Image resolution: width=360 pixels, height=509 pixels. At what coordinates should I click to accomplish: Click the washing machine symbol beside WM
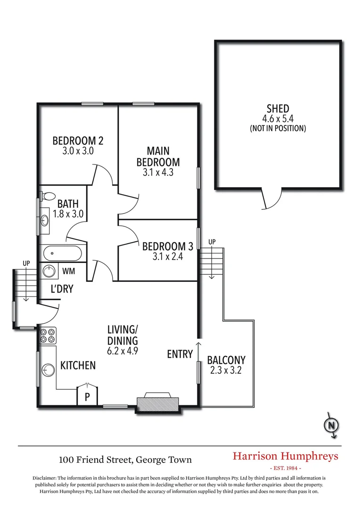pyautogui.click(x=49, y=271)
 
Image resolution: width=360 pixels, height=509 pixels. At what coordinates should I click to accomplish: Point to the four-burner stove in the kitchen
pyautogui.click(x=48, y=335)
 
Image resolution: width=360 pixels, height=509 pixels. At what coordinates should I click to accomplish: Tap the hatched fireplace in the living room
pyautogui.click(x=158, y=403)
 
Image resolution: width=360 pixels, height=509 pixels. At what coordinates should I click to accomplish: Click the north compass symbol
pyautogui.click(x=332, y=426)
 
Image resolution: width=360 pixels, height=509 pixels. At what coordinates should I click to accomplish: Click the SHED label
pyautogui.click(x=278, y=109)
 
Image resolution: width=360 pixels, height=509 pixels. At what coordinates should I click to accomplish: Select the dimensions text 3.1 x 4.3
pyautogui.click(x=158, y=172)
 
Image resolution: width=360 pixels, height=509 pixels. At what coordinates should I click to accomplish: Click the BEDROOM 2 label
pyautogui.click(x=78, y=140)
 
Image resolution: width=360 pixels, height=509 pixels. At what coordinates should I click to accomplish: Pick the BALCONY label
pyautogui.click(x=226, y=360)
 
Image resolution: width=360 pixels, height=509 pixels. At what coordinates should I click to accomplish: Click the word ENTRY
pyautogui.click(x=180, y=354)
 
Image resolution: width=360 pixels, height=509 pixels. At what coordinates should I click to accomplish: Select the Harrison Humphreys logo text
pyautogui.click(x=286, y=456)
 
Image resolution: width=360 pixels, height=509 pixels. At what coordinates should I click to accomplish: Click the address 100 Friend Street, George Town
pyautogui.click(x=125, y=459)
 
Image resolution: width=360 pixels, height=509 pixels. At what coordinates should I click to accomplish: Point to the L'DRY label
pyautogui.click(x=62, y=289)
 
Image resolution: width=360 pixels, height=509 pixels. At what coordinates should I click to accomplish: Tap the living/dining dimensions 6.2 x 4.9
pyautogui.click(x=123, y=351)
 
